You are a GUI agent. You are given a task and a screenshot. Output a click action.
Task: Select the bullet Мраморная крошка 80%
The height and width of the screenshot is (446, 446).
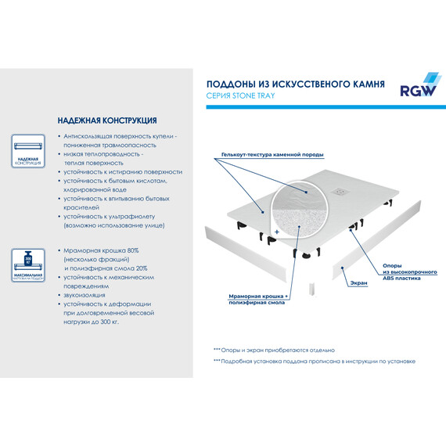[101, 250]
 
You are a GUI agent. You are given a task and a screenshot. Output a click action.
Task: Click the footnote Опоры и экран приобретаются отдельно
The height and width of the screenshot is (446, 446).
[274, 350]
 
